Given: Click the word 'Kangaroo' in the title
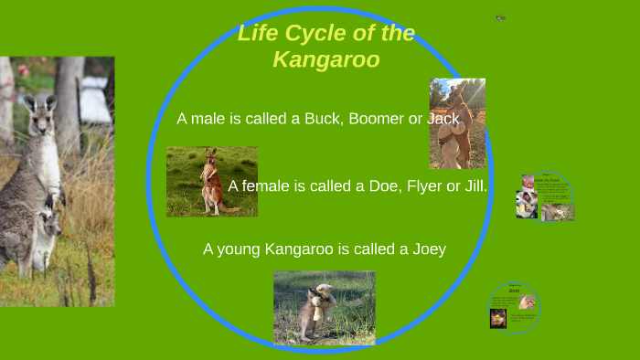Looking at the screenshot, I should [x=325, y=60].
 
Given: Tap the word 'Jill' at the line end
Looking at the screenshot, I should [x=473, y=186].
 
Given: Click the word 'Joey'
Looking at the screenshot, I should [x=425, y=249].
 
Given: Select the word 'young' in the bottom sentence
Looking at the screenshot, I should [x=240, y=249].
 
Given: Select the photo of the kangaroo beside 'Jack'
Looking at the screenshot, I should [x=456, y=123].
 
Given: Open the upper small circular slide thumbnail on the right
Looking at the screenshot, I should [x=545, y=197].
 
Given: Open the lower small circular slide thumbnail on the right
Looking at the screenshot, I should [x=514, y=307].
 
